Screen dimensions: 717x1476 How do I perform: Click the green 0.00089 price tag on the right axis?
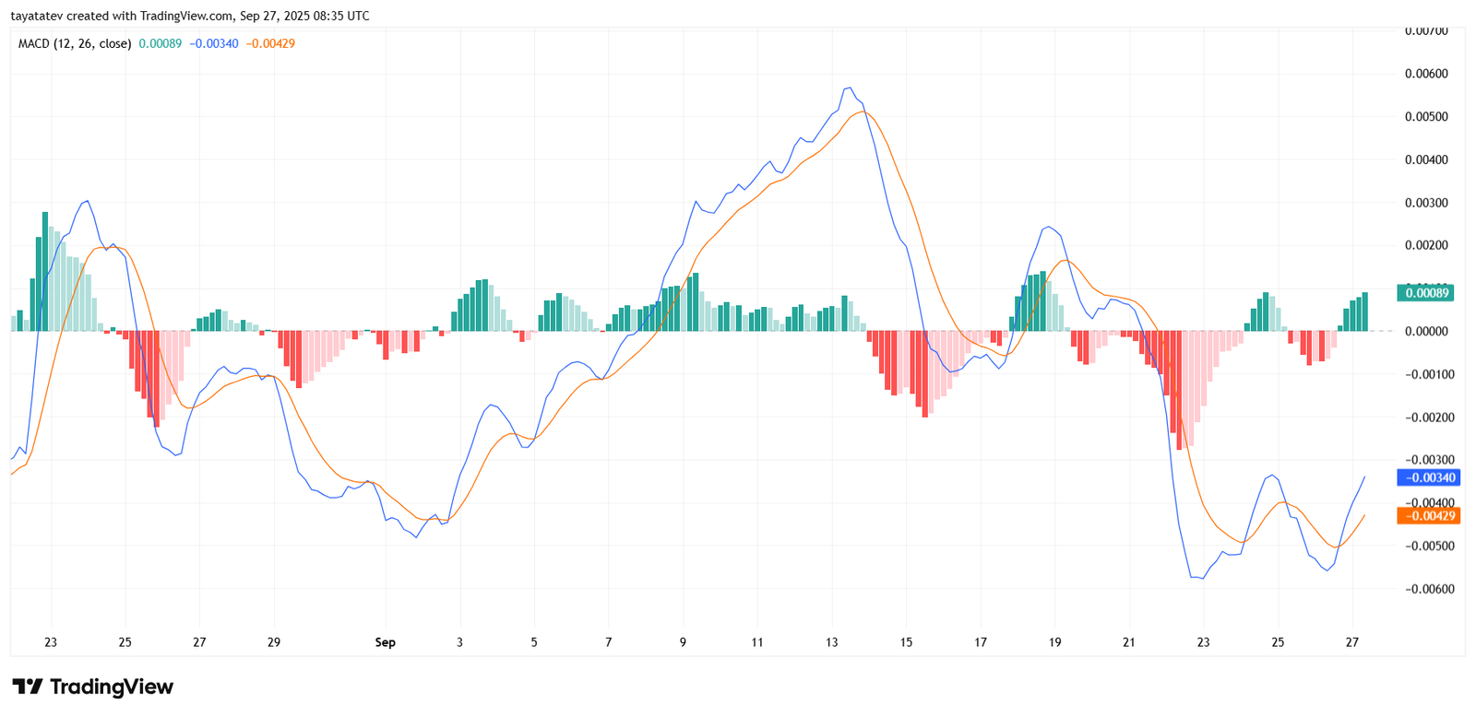click(1425, 293)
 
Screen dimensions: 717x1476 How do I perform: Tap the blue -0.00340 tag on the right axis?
click(1429, 477)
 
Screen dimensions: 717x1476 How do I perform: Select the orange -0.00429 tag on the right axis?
click(1429, 516)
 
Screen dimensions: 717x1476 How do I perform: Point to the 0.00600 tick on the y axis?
click(1425, 74)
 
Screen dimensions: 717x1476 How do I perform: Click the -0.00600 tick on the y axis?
click(1428, 589)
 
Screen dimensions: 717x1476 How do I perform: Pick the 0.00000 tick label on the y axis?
click(1426, 331)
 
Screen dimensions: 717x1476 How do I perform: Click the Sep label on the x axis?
click(385, 642)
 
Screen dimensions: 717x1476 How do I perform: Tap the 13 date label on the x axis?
click(831, 642)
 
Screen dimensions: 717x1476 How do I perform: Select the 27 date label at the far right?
click(1351, 642)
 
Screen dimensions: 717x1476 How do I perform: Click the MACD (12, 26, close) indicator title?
click(75, 43)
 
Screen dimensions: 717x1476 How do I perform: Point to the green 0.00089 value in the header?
click(161, 43)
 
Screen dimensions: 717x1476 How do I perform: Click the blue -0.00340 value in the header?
click(214, 43)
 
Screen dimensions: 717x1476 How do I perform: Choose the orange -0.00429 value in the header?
click(270, 43)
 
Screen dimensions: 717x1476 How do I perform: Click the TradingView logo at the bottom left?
click(92, 687)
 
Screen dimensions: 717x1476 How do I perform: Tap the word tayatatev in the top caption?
click(36, 16)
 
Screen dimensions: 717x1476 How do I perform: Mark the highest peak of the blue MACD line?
click(848, 88)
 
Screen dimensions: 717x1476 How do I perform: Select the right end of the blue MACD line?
click(1364, 476)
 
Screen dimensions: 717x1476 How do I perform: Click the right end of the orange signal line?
click(1364, 515)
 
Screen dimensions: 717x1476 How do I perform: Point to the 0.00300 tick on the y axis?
click(1425, 203)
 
